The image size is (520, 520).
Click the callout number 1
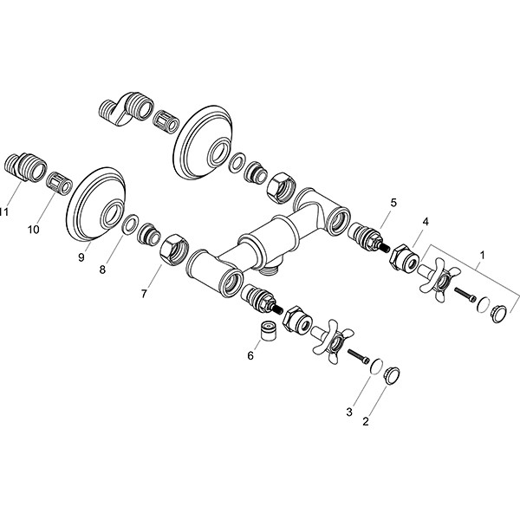(x=482, y=256)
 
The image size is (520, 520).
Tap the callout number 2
(x=366, y=421)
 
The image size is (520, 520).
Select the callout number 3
(x=349, y=413)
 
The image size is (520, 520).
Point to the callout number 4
(x=426, y=222)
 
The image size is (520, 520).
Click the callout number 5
(x=393, y=202)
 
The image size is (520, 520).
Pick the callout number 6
(x=250, y=355)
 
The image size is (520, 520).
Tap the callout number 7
(x=144, y=294)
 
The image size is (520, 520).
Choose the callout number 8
(x=102, y=270)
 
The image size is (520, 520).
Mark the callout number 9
(x=81, y=257)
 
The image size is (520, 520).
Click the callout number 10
(x=33, y=229)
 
